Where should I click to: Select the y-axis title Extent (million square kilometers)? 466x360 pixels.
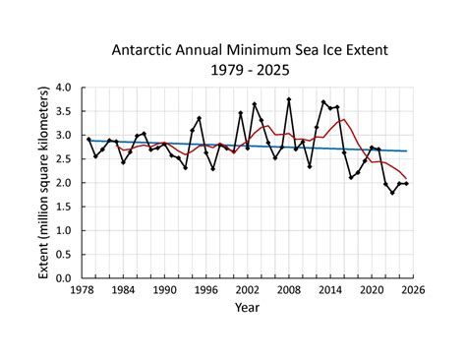[x=45, y=182]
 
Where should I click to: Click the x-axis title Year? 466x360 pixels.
[x=248, y=307]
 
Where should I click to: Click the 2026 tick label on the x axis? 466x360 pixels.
[x=413, y=290]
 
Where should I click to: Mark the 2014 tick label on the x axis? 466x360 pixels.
[x=330, y=290]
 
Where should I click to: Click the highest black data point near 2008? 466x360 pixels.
[x=289, y=99]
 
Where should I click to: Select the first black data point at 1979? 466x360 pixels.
[x=88, y=140]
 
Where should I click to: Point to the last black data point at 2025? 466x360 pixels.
[x=406, y=184]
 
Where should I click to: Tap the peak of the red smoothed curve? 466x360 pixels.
[x=343, y=120]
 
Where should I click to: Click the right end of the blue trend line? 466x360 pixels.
[x=406, y=151]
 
